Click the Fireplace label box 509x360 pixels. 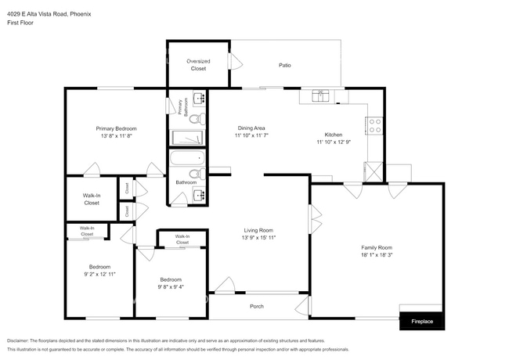pyautogui.click(x=422, y=321)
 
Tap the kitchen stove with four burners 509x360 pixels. pyautogui.click(x=374, y=123)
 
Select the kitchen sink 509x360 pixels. pyautogui.click(x=320, y=96)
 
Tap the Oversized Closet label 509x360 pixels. pyautogui.click(x=197, y=64)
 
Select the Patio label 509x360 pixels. pyautogui.click(x=285, y=65)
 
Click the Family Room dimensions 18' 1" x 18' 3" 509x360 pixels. pyautogui.click(x=377, y=254)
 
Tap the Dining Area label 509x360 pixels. pyautogui.click(x=251, y=128)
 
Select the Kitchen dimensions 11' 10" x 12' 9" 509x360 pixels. pyautogui.click(x=334, y=142)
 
